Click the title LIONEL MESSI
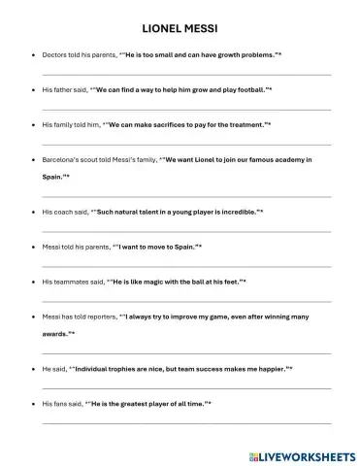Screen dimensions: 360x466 [x=180, y=29]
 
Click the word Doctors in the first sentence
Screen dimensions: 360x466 [x=55, y=55]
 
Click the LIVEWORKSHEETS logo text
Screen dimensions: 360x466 [x=307, y=453]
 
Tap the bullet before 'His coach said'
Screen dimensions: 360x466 [x=34, y=211]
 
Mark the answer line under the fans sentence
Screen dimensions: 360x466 [x=184, y=424]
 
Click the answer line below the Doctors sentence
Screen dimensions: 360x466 [x=184, y=75]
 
